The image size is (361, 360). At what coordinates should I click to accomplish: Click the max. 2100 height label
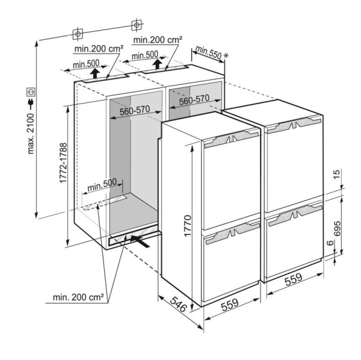(x=31, y=134)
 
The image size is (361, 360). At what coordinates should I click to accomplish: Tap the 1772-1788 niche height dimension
(x=63, y=163)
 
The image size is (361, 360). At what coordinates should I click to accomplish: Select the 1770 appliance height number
(x=188, y=226)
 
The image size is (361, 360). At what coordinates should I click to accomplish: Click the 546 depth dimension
(x=179, y=305)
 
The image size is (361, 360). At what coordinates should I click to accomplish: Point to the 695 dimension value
(x=337, y=229)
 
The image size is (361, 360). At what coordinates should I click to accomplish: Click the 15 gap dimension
(x=336, y=175)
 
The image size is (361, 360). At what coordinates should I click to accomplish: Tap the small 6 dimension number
(x=330, y=243)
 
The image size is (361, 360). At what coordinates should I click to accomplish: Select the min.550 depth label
(x=208, y=52)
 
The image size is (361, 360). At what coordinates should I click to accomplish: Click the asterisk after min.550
(x=226, y=56)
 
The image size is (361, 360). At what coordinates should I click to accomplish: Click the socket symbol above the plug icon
(x=31, y=92)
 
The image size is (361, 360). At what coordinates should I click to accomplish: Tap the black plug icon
(x=31, y=104)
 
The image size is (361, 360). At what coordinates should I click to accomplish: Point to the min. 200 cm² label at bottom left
(x=78, y=297)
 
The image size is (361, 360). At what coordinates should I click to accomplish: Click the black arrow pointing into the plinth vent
(x=140, y=241)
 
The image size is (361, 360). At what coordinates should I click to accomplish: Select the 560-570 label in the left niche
(x=135, y=111)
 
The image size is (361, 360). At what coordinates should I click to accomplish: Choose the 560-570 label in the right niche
(x=194, y=100)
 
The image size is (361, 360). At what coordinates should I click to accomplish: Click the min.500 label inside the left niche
(x=102, y=185)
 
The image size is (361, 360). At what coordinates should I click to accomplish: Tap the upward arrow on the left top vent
(x=94, y=73)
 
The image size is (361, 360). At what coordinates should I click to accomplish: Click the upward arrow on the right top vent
(x=158, y=64)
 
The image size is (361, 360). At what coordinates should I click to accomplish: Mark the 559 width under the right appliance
(x=294, y=279)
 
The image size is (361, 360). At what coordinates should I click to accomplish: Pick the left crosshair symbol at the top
(x=78, y=34)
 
